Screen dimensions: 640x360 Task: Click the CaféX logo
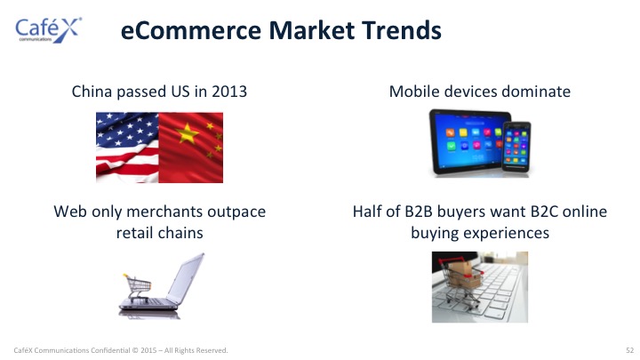point(48,30)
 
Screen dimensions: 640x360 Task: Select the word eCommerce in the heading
point(190,30)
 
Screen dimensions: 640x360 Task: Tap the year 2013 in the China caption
point(229,92)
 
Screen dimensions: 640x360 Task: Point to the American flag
point(127,148)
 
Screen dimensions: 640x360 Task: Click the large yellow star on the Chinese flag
point(188,133)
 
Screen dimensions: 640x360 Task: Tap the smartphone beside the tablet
point(516,147)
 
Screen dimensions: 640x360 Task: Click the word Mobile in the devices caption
point(414,92)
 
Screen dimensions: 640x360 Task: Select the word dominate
point(536,92)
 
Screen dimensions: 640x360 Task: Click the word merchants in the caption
point(164,212)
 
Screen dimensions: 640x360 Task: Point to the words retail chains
point(160,233)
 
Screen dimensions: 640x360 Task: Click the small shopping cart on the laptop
point(138,287)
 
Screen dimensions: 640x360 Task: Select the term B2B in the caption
point(419,212)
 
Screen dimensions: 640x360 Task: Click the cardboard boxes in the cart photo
point(468,275)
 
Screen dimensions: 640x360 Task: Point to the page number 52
point(629,350)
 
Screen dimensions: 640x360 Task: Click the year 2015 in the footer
point(148,350)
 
